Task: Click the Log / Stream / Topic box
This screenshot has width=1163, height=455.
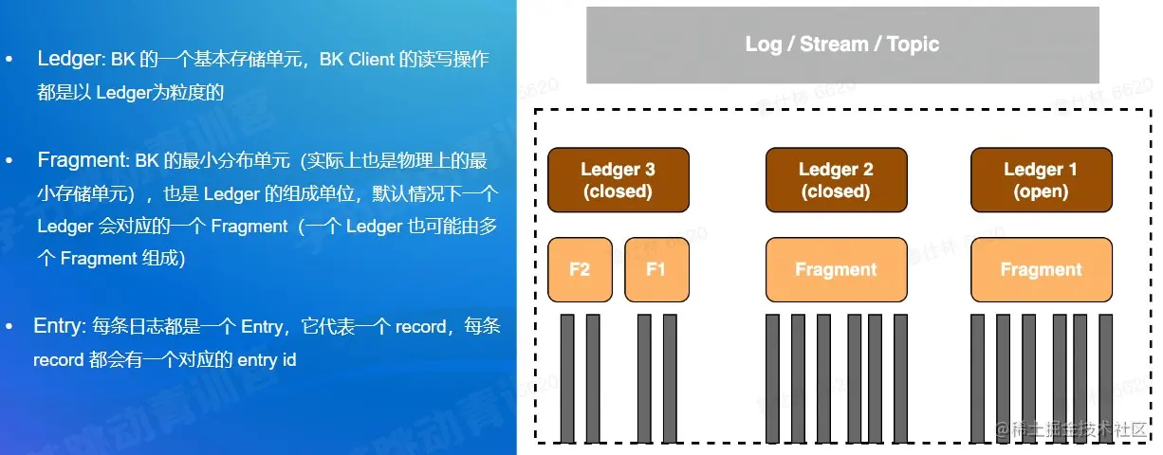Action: tap(841, 45)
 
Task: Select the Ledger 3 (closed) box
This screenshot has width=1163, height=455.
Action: tap(618, 179)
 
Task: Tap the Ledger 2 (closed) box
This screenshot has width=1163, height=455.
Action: tap(835, 179)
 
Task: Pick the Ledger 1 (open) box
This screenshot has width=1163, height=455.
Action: tap(1040, 179)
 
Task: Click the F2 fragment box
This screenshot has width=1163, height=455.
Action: tap(580, 269)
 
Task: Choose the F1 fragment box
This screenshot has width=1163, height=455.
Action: tap(656, 269)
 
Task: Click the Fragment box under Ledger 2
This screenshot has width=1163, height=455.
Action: tap(835, 269)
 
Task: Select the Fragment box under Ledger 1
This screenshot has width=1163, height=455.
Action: tap(1041, 269)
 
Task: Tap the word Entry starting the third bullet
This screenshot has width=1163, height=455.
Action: tap(59, 326)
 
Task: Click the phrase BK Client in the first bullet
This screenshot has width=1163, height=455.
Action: tap(353, 59)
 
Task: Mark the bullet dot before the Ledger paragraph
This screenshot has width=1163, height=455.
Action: tap(9, 59)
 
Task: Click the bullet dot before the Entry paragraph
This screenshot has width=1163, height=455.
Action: tap(9, 326)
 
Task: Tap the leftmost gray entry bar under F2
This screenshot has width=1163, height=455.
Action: tap(567, 378)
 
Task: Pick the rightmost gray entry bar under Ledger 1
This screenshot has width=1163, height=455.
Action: tap(1105, 378)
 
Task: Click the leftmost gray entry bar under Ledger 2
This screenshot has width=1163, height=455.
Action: tap(772, 378)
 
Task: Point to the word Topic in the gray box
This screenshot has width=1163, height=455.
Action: tap(913, 45)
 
